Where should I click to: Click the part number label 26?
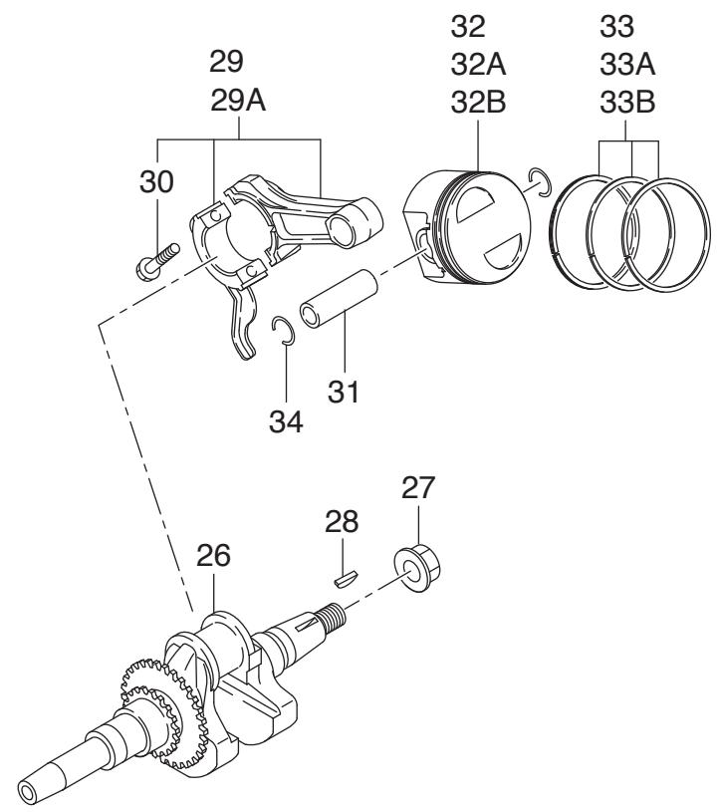click(x=213, y=556)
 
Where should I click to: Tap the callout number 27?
click(x=418, y=488)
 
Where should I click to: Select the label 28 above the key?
click(x=342, y=522)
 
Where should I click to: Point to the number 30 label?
click(x=156, y=182)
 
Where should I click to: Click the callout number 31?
click(x=344, y=392)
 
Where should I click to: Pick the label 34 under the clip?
click(x=286, y=422)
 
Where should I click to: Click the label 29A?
click(x=238, y=101)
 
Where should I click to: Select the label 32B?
click(x=478, y=103)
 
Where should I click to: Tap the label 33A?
click(x=627, y=65)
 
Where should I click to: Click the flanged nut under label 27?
click(x=417, y=568)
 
